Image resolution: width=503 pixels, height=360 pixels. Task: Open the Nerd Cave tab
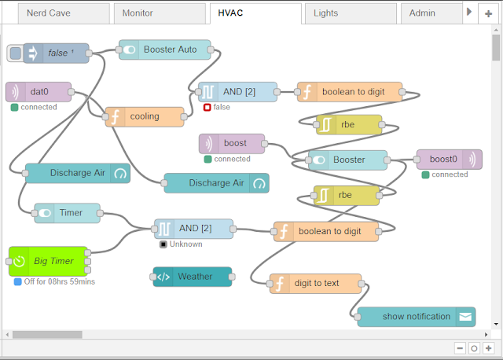[x=60, y=13]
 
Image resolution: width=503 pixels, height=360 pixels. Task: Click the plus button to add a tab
[x=489, y=14]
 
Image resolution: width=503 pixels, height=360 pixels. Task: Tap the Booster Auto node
[x=170, y=50]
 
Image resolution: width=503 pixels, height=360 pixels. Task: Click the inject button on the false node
[x=15, y=53]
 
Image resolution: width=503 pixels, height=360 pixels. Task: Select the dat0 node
[x=39, y=92]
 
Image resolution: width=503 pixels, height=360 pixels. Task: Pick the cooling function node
[x=145, y=116]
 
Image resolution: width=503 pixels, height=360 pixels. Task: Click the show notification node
[x=416, y=317]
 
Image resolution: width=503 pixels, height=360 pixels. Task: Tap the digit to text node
[x=316, y=284]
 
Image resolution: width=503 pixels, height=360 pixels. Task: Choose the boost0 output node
[x=443, y=159]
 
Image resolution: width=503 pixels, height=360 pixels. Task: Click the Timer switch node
[x=69, y=212]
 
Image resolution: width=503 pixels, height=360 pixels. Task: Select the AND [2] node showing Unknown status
[x=193, y=229]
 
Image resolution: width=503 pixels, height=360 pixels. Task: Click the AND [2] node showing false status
[x=238, y=92]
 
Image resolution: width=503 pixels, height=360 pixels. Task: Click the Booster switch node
[x=348, y=160]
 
